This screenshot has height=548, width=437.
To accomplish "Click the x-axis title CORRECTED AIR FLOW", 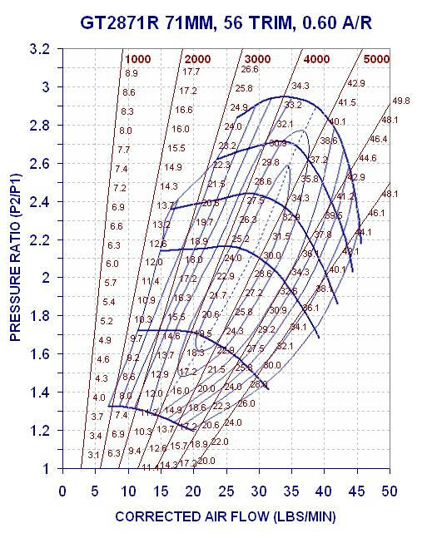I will pyautogui.click(x=225, y=516).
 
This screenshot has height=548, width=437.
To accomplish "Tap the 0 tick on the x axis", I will pyautogui.click(x=62, y=490).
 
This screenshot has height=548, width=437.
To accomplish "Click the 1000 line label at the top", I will pyautogui.click(x=138, y=59).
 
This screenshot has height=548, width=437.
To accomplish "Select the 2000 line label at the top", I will pyautogui.click(x=196, y=59).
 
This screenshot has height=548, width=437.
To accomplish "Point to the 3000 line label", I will pyautogui.click(x=258, y=59).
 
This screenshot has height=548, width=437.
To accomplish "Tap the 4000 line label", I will pyautogui.click(x=317, y=59).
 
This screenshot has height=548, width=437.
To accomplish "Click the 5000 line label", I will pyautogui.click(x=376, y=59).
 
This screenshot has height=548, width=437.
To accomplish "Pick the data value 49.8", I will pyautogui.click(x=401, y=101).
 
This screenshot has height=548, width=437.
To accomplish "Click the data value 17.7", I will pyautogui.click(x=191, y=72).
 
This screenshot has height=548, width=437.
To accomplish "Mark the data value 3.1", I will pyautogui.click(x=93, y=455).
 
